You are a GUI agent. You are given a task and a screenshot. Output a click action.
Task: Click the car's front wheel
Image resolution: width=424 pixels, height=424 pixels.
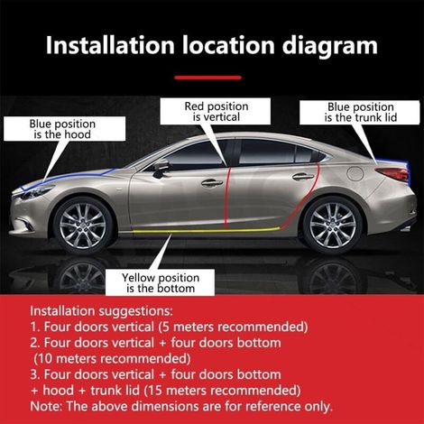(82, 226)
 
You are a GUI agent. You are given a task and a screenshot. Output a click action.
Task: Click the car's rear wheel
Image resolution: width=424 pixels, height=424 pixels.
(333, 226)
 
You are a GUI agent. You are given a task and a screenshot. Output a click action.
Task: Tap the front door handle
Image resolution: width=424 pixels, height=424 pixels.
(212, 182)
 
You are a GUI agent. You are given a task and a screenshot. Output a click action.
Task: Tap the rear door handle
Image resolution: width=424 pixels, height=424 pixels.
(303, 177)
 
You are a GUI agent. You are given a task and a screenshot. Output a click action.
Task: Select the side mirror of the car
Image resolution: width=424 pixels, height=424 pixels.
(161, 167)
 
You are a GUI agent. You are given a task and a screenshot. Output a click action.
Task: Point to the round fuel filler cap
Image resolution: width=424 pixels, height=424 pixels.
(355, 172)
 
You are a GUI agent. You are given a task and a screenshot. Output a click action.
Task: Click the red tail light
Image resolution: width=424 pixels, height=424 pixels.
(392, 174)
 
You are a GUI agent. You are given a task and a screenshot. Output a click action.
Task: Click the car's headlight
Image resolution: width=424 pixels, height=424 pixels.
(34, 192)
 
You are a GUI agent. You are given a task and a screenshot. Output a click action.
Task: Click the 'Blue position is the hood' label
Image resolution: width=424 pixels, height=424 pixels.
(64, 129)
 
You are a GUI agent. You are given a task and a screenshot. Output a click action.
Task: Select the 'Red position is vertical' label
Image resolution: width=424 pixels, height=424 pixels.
(216, 111)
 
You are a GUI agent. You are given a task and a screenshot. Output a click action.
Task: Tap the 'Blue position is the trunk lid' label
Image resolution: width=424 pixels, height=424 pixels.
(360, 112)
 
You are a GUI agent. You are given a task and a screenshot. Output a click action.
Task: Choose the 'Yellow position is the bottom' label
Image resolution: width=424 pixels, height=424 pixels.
(160, 282)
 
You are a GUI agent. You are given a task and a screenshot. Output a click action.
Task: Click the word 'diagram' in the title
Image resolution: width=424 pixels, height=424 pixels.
(330, 46)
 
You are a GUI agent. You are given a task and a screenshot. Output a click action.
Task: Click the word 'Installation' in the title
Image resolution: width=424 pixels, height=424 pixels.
(110, 45)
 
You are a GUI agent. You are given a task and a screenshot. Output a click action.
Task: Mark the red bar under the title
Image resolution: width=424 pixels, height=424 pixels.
(207, 78)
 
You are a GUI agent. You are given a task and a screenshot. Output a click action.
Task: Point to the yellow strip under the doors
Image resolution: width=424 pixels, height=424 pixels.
(207, 231)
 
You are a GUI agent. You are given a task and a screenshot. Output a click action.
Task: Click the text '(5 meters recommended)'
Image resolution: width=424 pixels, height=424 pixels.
(233, 327)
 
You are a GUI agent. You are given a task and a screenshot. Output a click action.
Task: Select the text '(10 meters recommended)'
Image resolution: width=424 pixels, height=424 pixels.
(112, 359)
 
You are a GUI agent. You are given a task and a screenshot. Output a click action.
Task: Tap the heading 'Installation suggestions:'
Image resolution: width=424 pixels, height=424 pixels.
(102, 311)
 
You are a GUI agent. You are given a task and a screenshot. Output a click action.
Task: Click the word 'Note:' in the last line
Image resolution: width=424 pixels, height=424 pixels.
(46, 406)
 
